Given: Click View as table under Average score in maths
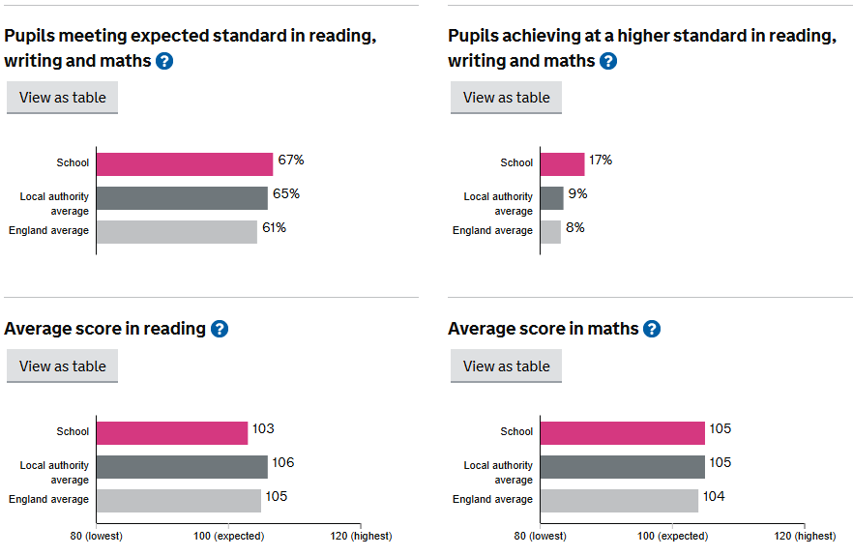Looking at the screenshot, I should (x=506, y=366).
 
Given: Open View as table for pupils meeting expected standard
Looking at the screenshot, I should (x=62, y=98).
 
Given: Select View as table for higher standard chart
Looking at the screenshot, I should (x=506, y=98).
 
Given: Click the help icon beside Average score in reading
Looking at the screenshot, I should (x=220, y=329).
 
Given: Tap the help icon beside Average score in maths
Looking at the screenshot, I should (x=652, y=329).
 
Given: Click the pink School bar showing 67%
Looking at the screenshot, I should (x=184, y=163).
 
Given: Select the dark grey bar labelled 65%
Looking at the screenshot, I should (x=181, y=197).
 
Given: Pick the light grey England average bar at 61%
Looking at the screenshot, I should (x=176, y=231).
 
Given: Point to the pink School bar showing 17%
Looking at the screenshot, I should (x=562, y=163).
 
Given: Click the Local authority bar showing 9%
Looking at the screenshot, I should (x=551, y=197).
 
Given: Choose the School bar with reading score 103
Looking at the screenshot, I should (x=171, y=432).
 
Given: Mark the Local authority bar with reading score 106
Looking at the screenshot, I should (x=181, y=466).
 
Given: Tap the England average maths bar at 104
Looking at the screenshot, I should (x=619, y=500).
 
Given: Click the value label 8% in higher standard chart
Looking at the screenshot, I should (x=575, y=228).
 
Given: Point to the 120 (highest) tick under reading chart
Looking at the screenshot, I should (x=359, y=536).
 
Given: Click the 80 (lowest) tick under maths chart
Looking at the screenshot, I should (x=540, y=536).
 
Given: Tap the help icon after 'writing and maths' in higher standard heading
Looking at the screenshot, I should (x=607, y=61).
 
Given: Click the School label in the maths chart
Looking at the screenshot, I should (x=516, y=431).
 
